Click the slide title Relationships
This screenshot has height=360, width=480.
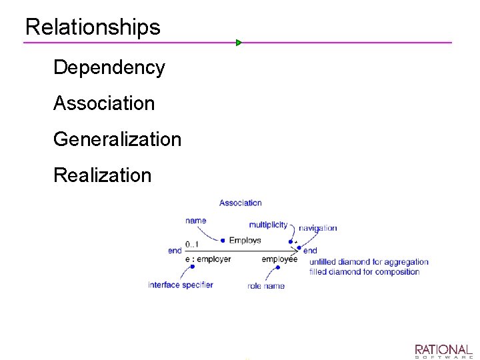point(93,27)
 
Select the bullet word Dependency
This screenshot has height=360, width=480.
point(109,67)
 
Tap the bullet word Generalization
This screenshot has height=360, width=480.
point(117,139)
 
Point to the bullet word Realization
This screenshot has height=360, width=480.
point(102,175)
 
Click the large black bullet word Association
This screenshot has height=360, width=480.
point(103,103)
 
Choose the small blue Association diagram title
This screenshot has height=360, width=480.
point(240,203)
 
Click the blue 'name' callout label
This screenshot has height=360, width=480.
point(196,221)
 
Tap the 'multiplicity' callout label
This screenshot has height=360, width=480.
point(268,225)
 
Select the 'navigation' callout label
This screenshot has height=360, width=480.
point(317,228)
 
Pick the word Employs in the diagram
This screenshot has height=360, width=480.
point(245,240)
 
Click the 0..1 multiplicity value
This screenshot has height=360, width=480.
point(192,244)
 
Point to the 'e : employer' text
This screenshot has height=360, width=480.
point(208,259)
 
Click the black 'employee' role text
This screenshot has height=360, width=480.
point(279,259)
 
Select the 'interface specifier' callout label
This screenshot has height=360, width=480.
point(181,285)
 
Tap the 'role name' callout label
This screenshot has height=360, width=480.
point(266,286)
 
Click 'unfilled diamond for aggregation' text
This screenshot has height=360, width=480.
point(369,262)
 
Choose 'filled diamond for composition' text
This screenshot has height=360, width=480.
point(364,271)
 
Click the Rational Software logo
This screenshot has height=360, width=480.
point(443,351)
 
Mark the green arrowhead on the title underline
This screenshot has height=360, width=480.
point(239,43)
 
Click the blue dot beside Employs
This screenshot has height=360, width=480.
point(223,241)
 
